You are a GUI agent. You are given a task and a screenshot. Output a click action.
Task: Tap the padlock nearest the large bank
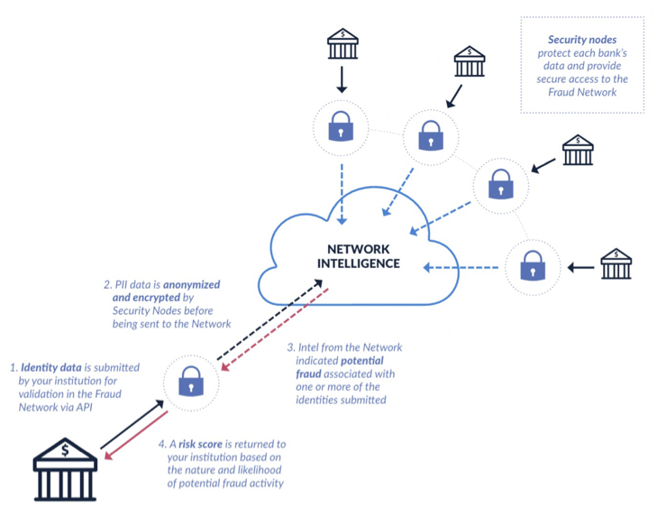pyautogui.click(x=190, y=383)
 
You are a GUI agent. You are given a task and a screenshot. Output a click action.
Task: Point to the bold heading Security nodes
pyautogui.click(x=581, y=41)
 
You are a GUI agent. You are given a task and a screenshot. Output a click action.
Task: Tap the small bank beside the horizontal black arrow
pyautogui.click(x=616, y=265)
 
